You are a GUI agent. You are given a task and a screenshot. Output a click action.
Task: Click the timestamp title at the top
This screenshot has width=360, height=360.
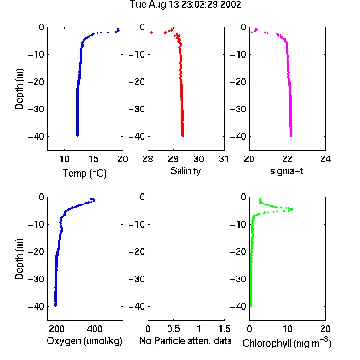pyautogui.click(x=185, y=5)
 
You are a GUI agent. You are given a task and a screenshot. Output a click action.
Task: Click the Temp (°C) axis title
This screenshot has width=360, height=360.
pyautogui.click(x=84, y=173)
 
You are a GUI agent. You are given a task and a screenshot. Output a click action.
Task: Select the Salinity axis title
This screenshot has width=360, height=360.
pyautogui.click(x=185, y=171)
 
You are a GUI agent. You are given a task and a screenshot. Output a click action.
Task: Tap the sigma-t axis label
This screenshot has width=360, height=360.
pyautogui.click(x=287, y=171)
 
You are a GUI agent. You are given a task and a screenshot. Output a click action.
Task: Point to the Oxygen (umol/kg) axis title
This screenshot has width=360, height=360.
pyautogui.click(x=84, y=341)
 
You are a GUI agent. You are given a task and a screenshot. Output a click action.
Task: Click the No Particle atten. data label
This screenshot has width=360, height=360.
pyautogui.click(x=185, y=341)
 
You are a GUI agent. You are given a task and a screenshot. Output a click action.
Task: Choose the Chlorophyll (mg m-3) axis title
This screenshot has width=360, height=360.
pyautogui.click(x=287, y=343)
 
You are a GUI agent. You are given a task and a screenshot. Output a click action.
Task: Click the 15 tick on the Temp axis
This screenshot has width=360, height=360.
pyautogui.click(x=94, y=159)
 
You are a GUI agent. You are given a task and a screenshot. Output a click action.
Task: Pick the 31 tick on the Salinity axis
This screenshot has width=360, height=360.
pyautogui.click(x=224, y=159)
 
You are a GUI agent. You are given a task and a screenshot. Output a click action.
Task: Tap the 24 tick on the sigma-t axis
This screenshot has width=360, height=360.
pyautogui.click(x=325, y=159)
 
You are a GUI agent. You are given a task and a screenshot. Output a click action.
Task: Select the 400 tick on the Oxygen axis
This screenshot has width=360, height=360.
pyautogui.click(x=95, y=329)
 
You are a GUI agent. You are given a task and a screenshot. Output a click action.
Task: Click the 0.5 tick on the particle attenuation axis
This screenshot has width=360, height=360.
pyautogui.click(x=173, y=329)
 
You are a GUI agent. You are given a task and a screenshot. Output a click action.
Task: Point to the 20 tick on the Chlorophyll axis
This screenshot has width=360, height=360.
pyautogui.click(x=325, y=329)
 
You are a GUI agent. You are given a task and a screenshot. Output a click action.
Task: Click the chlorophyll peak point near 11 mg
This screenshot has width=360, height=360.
pyautogui.click(x=292, y=209)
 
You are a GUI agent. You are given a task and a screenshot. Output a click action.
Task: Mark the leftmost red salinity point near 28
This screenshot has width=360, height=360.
pyautogui.click(x=151, y=32)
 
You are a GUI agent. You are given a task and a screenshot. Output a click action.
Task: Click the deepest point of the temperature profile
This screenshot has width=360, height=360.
pyautogui.click(x=77, y=136)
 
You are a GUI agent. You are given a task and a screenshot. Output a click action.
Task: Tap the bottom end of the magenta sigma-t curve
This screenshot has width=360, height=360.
pyautogui.click(x=291, y=136)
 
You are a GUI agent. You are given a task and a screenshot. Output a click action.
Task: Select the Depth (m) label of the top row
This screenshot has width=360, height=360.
pyautogui.click(x=19, y=89)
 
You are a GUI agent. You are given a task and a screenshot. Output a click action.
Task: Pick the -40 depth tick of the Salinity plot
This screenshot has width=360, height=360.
pyautogui.click(x=137, y=137)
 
